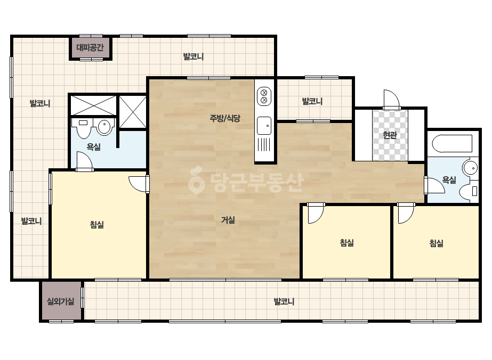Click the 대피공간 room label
coord(90,48)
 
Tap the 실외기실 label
coord(61,301)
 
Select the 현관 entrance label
coord(390,135)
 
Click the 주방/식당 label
coord(225,118)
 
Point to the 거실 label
coord(228,220)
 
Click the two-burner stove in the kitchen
coord(264,96)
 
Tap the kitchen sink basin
coord(264,126)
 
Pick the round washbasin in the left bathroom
coord(104,127)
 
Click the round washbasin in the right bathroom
coord(470,168)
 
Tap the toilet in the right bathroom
coord(469,191)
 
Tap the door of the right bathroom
coord(434,185)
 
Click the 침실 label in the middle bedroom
coord(346,243)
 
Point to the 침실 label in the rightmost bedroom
coord(436,243)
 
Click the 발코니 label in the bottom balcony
coord(284,301)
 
